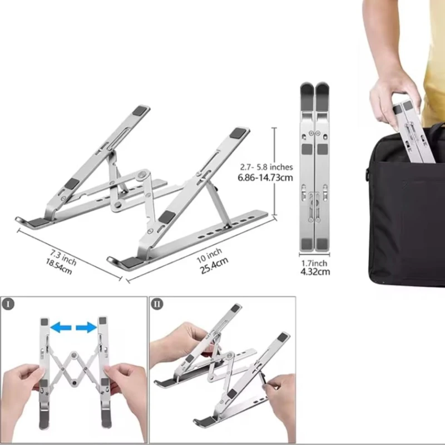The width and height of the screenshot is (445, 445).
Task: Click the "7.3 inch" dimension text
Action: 63,257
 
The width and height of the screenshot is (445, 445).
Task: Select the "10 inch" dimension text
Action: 209,255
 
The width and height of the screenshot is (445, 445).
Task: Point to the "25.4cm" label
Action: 214,265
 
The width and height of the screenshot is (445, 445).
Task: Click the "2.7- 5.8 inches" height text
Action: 266,167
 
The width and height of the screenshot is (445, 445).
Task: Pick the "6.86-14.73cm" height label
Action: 265,177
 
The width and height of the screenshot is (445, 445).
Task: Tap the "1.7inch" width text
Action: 314,263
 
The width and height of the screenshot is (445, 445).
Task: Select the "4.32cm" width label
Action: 315,271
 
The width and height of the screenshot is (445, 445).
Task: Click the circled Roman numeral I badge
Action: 8,304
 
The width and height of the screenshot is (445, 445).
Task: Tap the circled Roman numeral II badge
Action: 157,304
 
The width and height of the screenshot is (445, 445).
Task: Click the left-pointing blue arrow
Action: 61,328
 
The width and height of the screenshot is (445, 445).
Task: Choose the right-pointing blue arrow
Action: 86,328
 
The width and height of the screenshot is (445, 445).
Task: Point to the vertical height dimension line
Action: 274,171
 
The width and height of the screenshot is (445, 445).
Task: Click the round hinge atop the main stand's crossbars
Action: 143,175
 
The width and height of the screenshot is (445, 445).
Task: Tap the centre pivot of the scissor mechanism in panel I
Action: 74,355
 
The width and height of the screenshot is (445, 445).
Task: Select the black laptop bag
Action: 406,207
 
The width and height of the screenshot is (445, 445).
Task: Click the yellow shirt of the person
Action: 434,62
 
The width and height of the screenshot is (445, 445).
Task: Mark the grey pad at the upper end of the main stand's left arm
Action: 141,110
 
